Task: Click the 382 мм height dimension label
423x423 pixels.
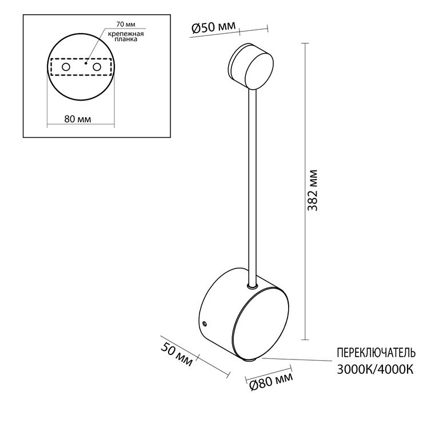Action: [313, 190]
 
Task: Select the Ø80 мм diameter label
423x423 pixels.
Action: [271, 381]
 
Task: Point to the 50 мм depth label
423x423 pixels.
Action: [177, 354]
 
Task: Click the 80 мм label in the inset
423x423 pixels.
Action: [78, 119]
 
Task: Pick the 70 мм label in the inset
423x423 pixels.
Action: [126, 24]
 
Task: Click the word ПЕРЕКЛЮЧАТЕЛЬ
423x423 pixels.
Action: [376, 353]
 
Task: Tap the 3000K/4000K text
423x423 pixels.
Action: [375, 369]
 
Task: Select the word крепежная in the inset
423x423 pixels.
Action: [126, 34]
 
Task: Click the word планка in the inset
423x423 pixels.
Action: [126, 39]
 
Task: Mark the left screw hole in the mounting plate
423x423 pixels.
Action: [66, 67]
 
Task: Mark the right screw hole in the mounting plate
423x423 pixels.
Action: [97, 67]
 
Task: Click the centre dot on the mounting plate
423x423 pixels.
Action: [86, 63]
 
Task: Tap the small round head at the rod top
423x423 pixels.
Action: [251, 66]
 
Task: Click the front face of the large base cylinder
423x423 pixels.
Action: [261, 325]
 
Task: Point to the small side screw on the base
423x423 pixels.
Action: [205, 323]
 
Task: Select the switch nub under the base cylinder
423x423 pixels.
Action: [250, 360]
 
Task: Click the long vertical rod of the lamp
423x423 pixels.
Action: [252, 186]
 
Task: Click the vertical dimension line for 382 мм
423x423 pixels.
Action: [305, 191]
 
